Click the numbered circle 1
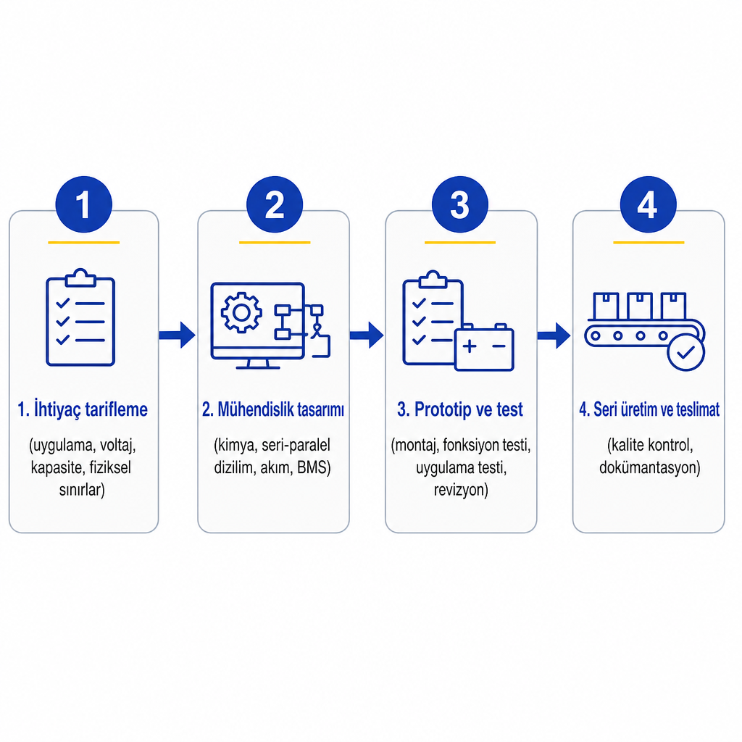point(84,204)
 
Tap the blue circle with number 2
point(275,204)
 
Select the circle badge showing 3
point(460,204)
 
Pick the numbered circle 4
point(649,204)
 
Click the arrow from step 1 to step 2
point(178,335)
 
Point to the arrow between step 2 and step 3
point(367,335)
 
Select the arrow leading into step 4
point(554,335)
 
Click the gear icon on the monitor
point(241,313)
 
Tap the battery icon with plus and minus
point(484,347)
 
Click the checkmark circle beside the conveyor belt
point(686,352)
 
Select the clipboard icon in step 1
point(80,317)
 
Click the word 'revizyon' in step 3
point(459,490)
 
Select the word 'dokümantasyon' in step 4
point(648,467)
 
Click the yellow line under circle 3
point(460,242)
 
